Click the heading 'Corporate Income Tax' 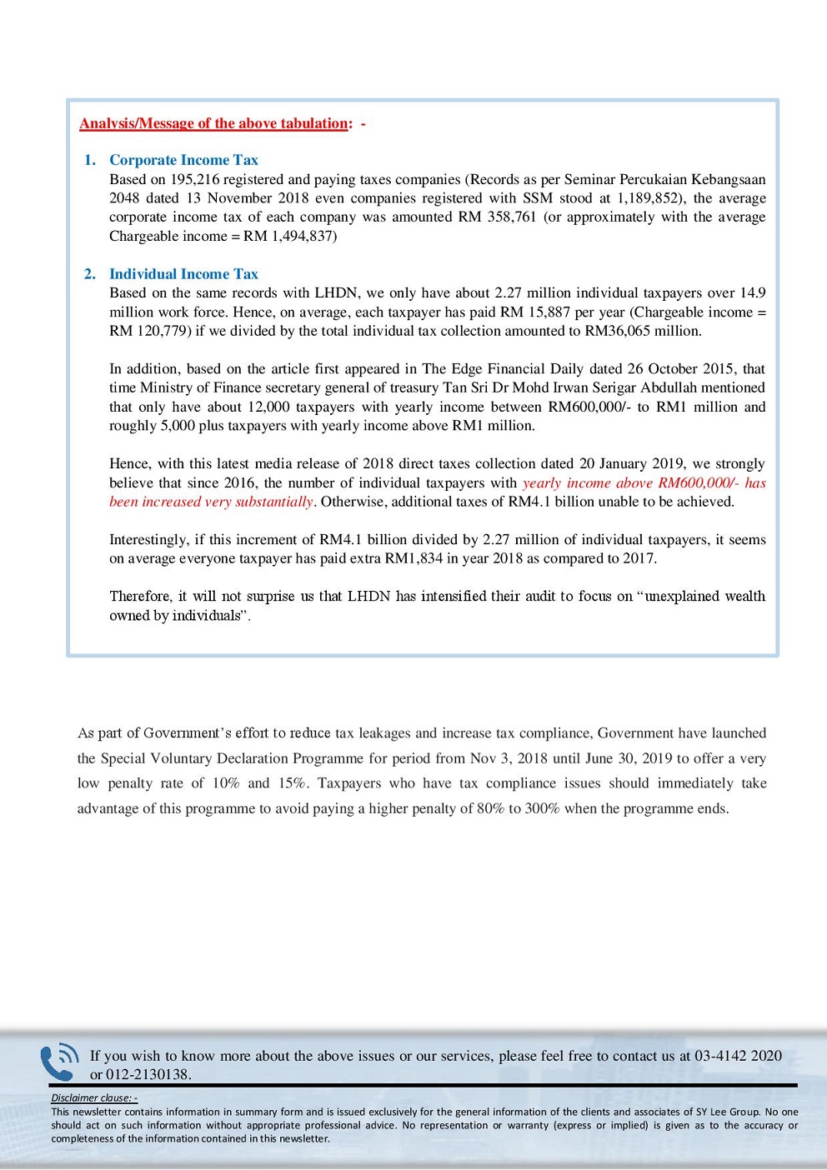(x=183, y=160)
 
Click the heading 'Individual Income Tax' (x=183, y=274)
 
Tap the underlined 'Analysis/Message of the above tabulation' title (x=213, y=123)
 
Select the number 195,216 (x=198, y=179)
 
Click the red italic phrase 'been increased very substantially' (x=211, y=502)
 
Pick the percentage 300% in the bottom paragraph (x=543, y=808)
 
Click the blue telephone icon (x=59, y=1062)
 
